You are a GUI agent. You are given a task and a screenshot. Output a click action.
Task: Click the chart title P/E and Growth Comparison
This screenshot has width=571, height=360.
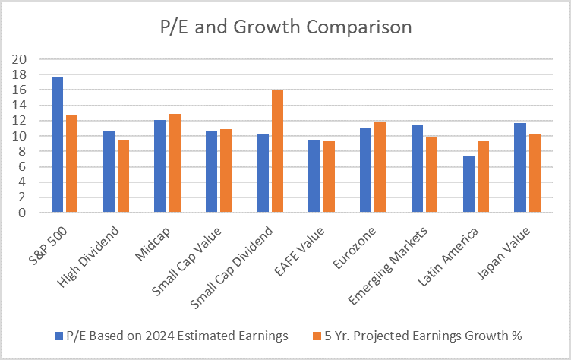[285, 28]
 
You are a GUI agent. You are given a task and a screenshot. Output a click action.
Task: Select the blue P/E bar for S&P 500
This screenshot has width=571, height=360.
[57, 145]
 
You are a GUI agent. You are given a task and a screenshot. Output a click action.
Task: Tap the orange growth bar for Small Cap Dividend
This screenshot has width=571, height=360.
[277, 151]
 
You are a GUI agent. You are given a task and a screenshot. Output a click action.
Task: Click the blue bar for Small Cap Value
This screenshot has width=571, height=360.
[211, 172]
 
